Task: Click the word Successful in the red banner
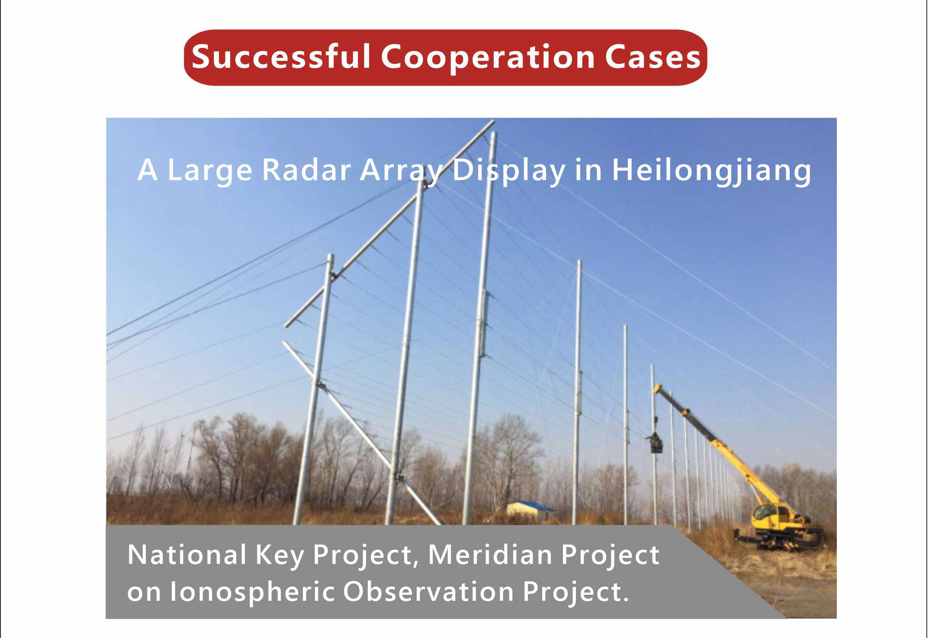(x=281, y=57)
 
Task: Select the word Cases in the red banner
(x=653, y=57)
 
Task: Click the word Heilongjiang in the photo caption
(x=711, y=170)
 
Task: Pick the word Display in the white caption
(x=509, y=170)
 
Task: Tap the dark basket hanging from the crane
(x=656, y=443)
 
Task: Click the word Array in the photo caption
(x=404, y=170)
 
